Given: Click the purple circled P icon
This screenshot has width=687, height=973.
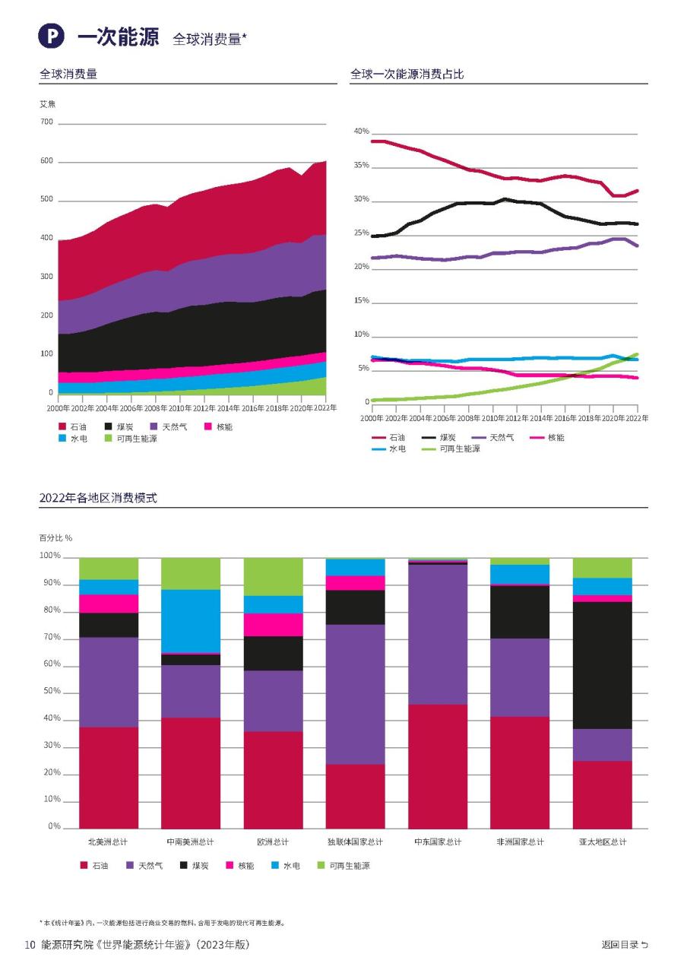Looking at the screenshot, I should coord(52,36).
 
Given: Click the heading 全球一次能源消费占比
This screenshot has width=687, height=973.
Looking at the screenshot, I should coord(407,74).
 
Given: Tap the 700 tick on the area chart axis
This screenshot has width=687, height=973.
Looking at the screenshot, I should coord(46,122).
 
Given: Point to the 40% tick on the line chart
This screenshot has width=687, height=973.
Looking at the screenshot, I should coord(360,132).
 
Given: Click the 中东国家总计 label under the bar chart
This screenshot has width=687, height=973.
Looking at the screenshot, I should coord(438,842).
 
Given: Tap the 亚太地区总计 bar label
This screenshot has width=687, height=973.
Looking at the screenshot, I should coord(603,842).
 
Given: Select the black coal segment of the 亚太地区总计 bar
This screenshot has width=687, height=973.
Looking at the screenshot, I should coord(603,665).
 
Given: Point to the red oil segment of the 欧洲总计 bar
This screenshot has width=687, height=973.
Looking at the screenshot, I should coord(273,779).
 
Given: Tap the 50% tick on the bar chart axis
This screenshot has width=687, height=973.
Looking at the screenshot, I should coord(50,692).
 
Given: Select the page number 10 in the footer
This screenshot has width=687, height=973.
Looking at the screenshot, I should coord(30,945).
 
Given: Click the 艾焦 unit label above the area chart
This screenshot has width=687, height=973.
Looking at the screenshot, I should coord(47,103).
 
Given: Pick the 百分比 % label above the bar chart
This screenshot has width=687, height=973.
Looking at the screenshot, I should coord(55,537).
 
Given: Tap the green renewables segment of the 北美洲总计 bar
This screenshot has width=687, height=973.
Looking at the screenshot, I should coord(109,569).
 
